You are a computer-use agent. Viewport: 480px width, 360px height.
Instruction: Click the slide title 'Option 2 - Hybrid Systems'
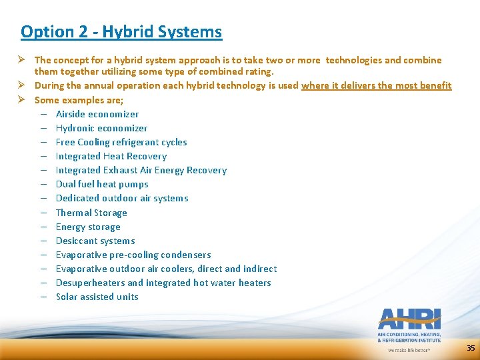[x=121, y=31]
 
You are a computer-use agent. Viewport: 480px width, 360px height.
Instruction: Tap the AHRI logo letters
[x=409, y=319]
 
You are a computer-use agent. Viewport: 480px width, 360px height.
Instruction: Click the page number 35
[x=471, y=348]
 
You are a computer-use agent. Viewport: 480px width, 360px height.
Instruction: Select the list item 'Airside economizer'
[x=97, y=114]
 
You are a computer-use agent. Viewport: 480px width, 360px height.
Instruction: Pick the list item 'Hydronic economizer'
[x=101, y=128]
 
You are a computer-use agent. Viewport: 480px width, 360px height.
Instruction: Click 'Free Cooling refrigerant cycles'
[x=121, y=142]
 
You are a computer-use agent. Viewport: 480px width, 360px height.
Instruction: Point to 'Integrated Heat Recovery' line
[x=111, y=156]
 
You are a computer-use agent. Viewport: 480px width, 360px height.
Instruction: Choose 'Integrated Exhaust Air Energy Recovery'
[x=141, y=170]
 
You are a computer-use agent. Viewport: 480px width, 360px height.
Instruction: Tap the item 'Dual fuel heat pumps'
[x=102, y=184]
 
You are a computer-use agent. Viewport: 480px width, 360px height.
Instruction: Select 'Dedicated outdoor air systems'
[x=122, y=198]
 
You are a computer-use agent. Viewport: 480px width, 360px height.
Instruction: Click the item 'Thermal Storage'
[x=91, y=213]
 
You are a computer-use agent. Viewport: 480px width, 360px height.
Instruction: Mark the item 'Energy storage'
[x=88, y=227]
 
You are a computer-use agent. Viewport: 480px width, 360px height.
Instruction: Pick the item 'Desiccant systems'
[x=95, y=241]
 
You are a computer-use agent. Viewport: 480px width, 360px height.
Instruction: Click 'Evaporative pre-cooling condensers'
[x=133, y=255]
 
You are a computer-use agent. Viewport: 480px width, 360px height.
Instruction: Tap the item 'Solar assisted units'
[x=97, y=297]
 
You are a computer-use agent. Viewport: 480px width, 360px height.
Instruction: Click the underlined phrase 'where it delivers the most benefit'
[x=376, y=85]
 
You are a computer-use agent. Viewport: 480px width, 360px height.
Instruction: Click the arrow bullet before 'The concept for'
[x=21, y=60]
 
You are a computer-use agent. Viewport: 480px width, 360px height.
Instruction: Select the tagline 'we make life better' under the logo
[x=409, y=349]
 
